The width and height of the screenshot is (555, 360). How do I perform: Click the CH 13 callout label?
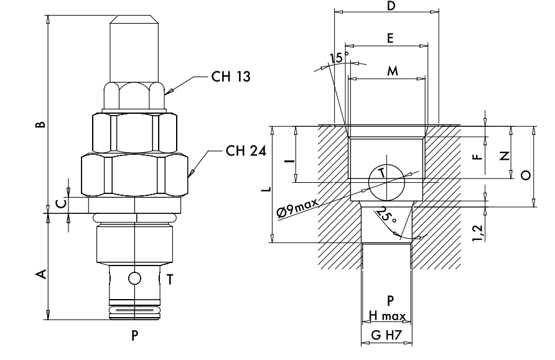231,76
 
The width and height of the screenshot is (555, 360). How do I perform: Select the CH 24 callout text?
246,151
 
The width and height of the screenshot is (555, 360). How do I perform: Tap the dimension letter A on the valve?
42,274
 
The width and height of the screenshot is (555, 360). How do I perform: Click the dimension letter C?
61,204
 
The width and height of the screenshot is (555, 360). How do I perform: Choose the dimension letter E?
389,38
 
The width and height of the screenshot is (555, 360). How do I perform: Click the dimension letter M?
393,71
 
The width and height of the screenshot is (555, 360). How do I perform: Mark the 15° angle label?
338,57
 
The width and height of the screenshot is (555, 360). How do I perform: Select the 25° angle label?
386,215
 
